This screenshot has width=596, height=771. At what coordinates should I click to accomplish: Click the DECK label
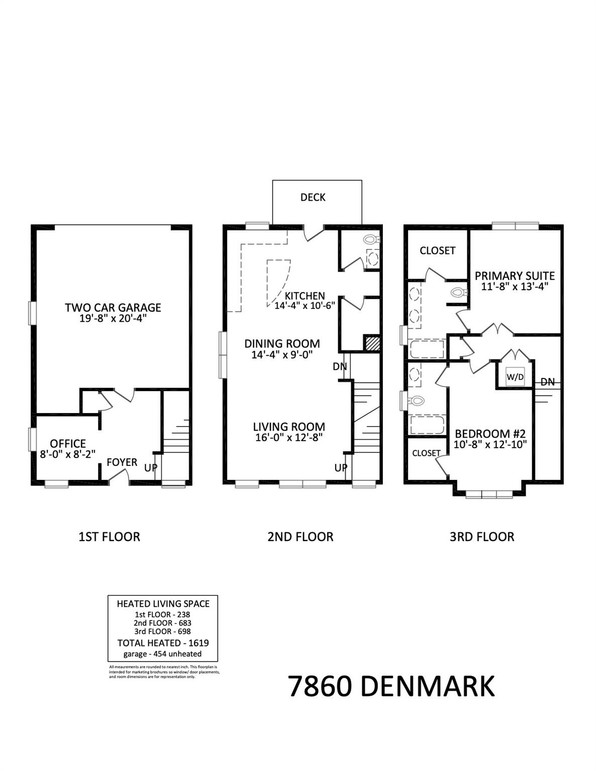pos(313,197)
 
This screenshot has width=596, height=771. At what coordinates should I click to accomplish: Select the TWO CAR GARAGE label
pos(113,307)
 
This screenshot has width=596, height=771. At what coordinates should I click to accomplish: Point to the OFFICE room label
pos(68,444)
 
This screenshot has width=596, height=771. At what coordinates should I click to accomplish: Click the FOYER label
pos(122,462)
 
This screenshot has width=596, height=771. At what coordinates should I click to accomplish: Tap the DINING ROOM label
pos(282,344)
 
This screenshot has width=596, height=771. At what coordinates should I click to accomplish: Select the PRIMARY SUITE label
pos(515,276)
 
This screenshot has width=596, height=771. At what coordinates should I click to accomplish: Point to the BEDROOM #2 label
pos(490,434)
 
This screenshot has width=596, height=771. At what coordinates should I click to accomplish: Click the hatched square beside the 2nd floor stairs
pos(372,344)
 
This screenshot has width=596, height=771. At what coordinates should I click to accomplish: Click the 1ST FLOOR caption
pos(109,537)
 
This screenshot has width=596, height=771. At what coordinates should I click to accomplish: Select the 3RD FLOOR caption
pos(481,537)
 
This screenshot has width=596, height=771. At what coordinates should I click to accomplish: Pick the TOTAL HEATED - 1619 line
pos(163,643)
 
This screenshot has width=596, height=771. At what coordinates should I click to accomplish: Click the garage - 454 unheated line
pos(163,654)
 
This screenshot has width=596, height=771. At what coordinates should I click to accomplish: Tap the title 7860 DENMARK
pos(391,686)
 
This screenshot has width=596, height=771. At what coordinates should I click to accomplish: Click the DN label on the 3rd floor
pos(547,382)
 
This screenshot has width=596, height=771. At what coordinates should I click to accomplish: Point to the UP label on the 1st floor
pos(151,467)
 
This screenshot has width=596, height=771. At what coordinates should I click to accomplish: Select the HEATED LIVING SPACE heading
pos(163,604)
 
